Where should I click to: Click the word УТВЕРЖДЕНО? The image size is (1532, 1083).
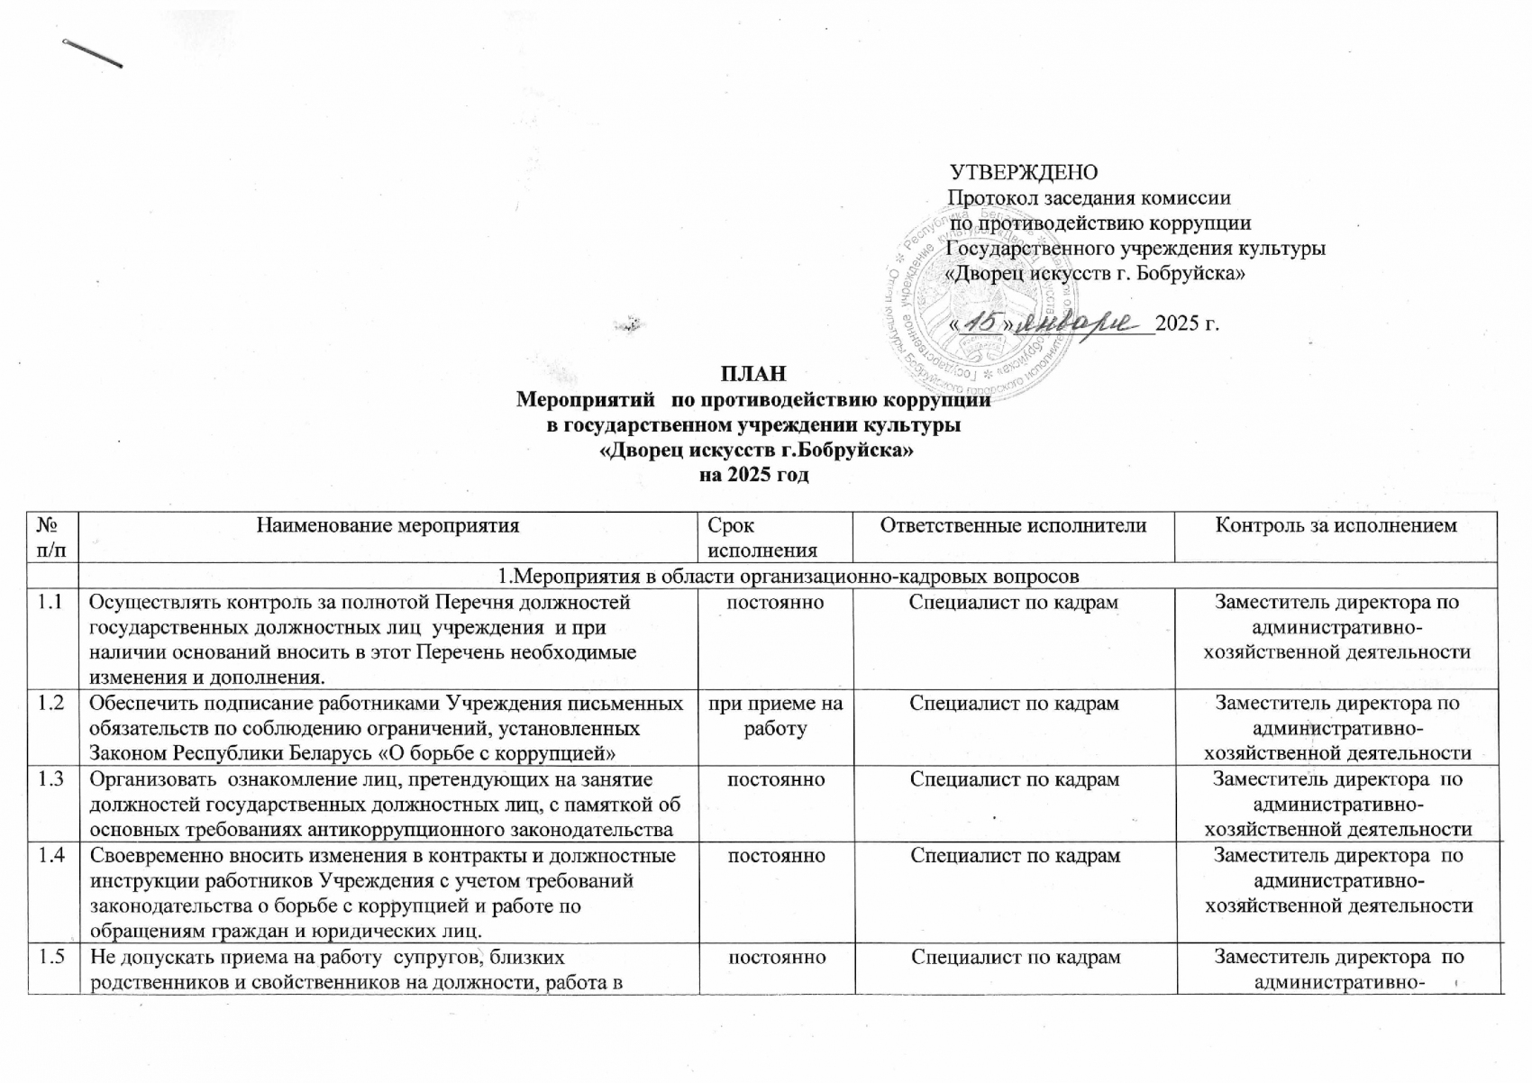point(1024,172)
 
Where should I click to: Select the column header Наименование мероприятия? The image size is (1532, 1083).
point(388,525)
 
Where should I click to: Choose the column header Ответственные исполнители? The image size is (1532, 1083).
point(1013,525)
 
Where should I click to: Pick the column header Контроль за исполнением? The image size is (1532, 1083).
point(1336,525)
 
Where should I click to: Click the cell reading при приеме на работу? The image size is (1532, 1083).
point(775,715)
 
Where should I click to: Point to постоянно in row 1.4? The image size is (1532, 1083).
point(776,855)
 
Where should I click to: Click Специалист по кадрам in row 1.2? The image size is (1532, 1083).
point(1014,703)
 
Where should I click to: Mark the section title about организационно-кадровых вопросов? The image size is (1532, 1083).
point(789,576)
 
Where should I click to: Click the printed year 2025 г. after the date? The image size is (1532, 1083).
point(1187,323)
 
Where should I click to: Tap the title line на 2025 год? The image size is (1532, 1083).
point(754,475)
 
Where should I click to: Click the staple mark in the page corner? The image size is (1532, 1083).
point(92,54)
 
